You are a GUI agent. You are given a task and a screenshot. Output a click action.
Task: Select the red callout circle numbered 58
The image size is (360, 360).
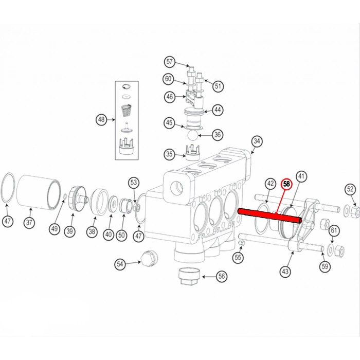point(286,183)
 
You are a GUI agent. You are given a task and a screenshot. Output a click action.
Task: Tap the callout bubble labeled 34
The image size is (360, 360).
point(257,141)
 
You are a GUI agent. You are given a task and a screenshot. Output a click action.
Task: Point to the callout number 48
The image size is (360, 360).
point(101,120)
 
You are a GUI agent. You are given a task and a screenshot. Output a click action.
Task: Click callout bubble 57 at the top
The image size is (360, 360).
point(170,62)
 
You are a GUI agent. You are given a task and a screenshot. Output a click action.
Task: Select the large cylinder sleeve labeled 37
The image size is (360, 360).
point(38,192)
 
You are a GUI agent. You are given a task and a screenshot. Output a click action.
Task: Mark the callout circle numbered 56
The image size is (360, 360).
point(222,276)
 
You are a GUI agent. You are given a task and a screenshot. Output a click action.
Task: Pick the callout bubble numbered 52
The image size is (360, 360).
point(350,190)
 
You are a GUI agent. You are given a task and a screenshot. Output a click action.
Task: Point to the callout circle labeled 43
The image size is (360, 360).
point(286,271)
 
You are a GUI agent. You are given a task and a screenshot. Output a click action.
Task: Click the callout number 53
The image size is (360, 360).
point(134,182)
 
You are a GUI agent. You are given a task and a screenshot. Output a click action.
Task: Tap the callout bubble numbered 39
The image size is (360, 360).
point(69,231)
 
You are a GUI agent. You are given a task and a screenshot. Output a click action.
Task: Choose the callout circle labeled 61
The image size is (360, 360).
point(334,230)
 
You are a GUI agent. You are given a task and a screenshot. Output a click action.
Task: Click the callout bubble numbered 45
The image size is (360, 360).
point(169,122)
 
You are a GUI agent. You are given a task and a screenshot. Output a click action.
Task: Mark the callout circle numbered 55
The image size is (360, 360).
point(237,257)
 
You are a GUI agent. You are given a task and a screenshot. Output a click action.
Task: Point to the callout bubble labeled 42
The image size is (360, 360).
point(271,184)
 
